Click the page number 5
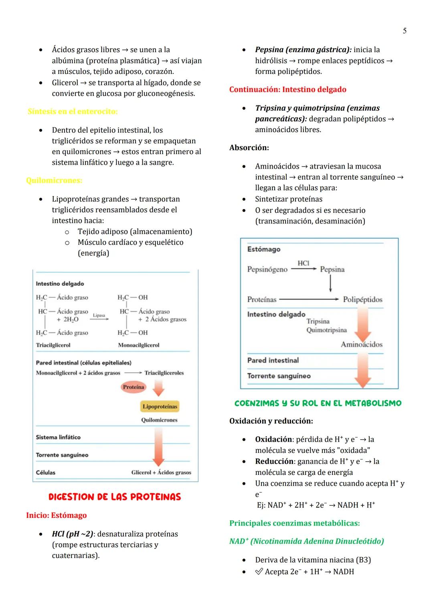click(x=405, y=31)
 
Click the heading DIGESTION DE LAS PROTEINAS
click(x=115, y=497)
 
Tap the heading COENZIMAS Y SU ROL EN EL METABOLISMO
click(x=318, y=403)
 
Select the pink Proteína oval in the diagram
click(x=134, y=387)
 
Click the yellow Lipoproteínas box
click(x=160, y=406)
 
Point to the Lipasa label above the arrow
click(x=99, y=315)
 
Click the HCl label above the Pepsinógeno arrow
click(x=304, y=263)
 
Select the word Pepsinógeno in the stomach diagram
click(x=267, y=269)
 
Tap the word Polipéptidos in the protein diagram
click(x=362, y=299)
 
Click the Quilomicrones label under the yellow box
click(x=159, y=420)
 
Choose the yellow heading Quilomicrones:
click(x=54, y=180)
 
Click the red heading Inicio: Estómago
click(x=56, y=515)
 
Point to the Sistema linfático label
click(x=58, y=437)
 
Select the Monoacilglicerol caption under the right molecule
click(x=138, y=345)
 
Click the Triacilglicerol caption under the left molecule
click(x=53, y=345)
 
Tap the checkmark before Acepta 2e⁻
click(x=259, y=571)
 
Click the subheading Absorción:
click(x=249, y=147)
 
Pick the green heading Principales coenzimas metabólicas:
click(x=294, y=523)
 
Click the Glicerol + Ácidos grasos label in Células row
click(x=161, y=472)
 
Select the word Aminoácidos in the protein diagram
click(x=361, y=344)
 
